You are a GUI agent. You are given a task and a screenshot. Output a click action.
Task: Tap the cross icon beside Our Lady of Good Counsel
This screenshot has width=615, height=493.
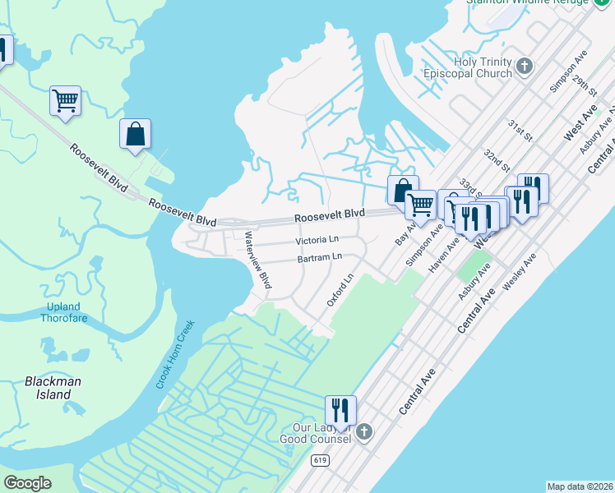[x=364, y=431]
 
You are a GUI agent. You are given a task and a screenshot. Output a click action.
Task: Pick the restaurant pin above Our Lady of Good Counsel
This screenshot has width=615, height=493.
[x=340, y=408]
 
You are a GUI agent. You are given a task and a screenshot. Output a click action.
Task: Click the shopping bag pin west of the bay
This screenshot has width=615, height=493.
[x=136, y=134]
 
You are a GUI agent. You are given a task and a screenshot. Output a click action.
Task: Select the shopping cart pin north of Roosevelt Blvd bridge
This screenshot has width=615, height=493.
[x=65, y=101]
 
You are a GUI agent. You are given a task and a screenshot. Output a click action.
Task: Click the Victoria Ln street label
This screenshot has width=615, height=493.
[x=317, y=242]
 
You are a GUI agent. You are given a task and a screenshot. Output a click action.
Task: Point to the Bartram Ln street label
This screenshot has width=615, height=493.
[x=320, y=258]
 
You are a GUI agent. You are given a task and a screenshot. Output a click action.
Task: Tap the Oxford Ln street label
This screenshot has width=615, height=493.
[x=339, y=291]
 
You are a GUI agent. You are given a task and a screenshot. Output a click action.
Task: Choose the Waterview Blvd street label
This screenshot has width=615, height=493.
[x=258, y=259]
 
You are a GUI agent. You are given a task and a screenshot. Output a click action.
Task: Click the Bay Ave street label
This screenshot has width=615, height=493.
[x=402, y=234]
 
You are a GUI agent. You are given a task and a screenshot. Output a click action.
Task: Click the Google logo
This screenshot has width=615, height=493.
[x=27, y=483]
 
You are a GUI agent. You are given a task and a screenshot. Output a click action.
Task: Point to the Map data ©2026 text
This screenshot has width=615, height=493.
[x=580, y=486]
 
